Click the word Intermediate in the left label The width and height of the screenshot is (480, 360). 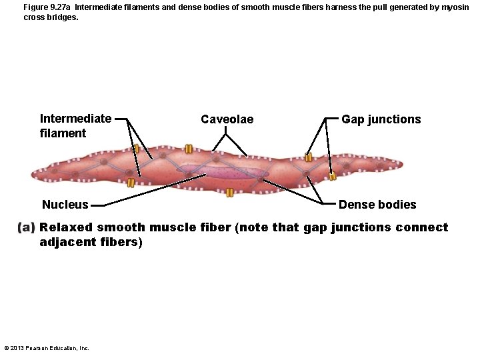coord(75,119)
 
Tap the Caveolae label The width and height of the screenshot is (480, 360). coord(227,119)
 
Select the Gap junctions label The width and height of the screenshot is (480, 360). coord(381,119)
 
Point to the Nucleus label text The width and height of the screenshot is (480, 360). coord(65,205)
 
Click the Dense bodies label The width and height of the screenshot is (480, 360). coord(377,205)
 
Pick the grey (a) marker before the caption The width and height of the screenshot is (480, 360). coord(27,227)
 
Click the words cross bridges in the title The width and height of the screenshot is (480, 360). coord(51,17)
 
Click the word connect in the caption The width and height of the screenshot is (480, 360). coord(421,227)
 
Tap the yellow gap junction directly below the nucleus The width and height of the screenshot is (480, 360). coord(229,193)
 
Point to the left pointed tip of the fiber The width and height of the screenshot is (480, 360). coord(33,176)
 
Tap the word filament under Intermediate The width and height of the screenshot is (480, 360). coord(63,133)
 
